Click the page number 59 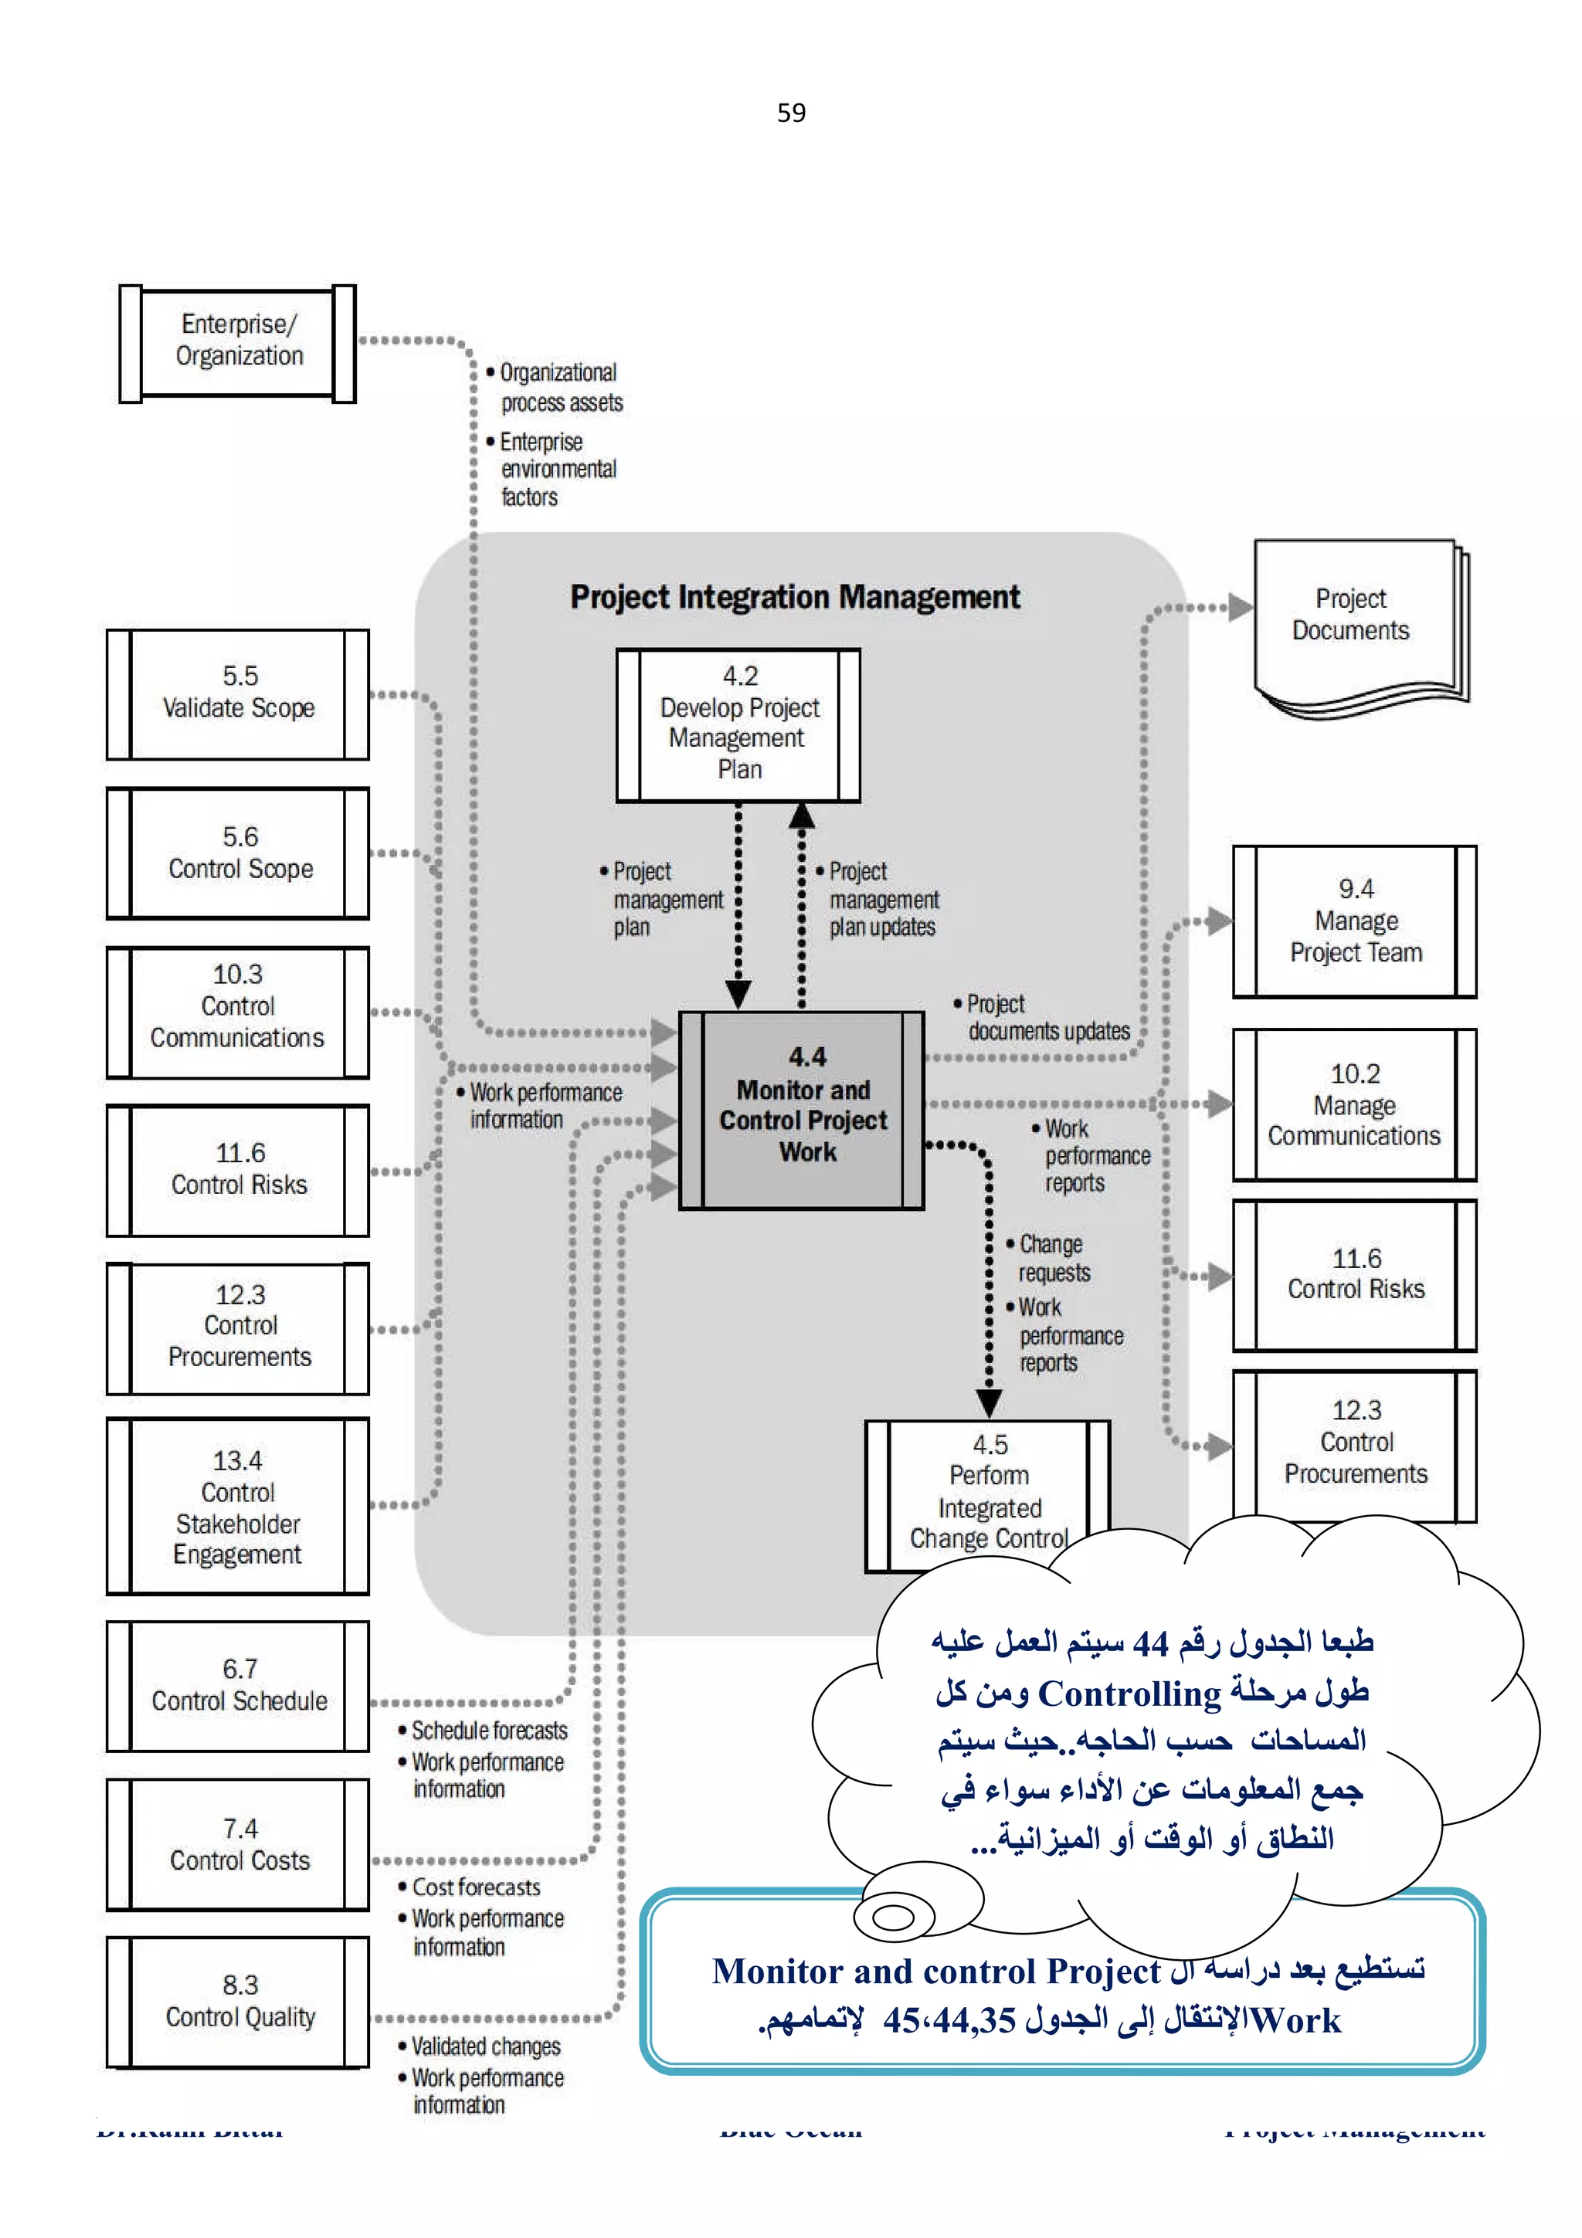pyautogui.click(x=790, y=113)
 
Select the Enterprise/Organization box pyautogui.click(x=238, y=342)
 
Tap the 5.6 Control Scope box pyautogui.click(x=238, y=853)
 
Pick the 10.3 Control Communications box pyautogui.click(x=238, y=1011)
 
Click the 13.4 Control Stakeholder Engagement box pyautogui.click(x=238, y=1506)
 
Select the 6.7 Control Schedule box pyautogui.click(x=238, y=1685)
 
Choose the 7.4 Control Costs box pyautogui.click(x=238, y=1843)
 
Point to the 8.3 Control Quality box pyautogui.click(x=238, y=2001)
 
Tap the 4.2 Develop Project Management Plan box pyautogui.click(x=738, y=724)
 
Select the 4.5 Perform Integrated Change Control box pyautogui.click(x=986, y=1491)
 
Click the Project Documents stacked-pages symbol pyautogui.click(x=1355, y=619)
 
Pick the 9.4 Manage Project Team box pyautogui.click(x=1354, y=921)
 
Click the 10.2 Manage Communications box pyautogui.click(x=1354, y=1104)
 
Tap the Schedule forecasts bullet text pyautogui.click(x=488, y=1730)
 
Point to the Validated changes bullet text pyautogui.click(x=485, y=2046)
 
